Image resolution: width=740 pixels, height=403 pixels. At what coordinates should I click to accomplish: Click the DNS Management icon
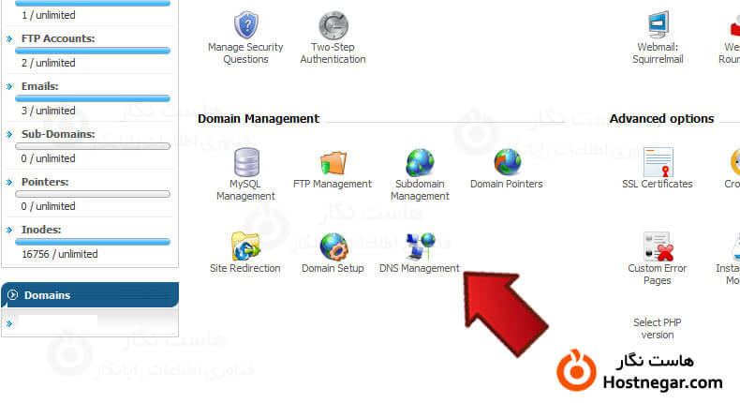[420, 246]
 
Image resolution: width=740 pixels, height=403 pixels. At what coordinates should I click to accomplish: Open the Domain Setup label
[333, 269]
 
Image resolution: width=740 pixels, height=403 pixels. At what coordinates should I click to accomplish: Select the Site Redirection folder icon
[245, 246]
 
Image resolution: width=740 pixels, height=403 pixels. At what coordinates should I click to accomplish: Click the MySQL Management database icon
[246, 164]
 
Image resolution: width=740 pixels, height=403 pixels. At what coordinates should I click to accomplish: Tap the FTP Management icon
[333, 164]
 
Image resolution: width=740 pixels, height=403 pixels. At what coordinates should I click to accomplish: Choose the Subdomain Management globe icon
[420, 164]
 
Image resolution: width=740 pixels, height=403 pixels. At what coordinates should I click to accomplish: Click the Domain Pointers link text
[506, 185]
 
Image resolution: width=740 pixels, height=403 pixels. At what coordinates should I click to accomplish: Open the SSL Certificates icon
[658, 164]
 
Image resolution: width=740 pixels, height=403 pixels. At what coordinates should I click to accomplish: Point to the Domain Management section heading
[259, 119]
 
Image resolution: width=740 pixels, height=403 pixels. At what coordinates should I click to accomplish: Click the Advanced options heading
[661, 119]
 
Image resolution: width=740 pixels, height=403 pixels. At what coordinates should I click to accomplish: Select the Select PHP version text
[658, 328]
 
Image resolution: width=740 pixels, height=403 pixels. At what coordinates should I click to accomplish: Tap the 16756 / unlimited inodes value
[60, 254]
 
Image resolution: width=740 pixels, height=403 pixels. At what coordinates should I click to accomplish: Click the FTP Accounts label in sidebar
[58, 39]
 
